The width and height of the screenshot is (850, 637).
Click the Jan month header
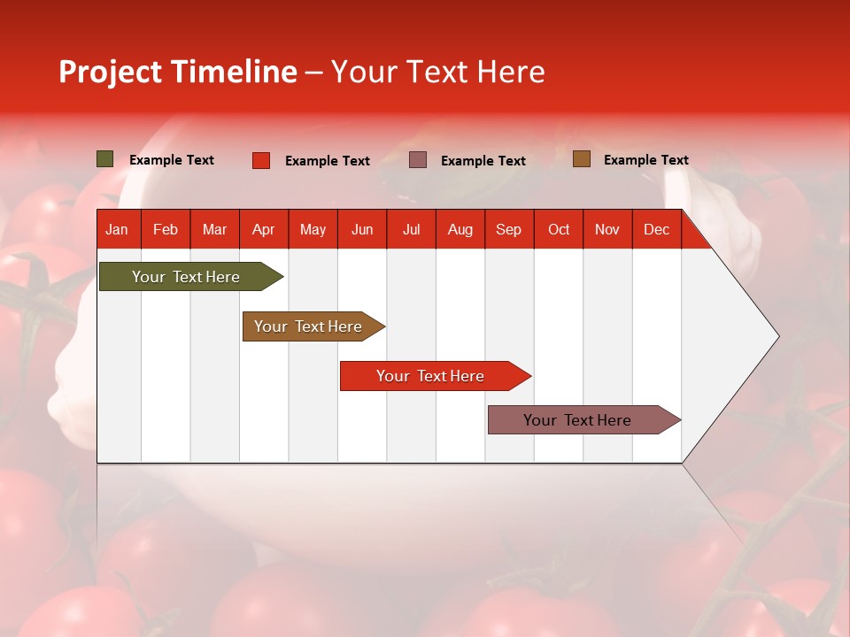(117, 229)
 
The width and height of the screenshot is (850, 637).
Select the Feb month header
(166, 229)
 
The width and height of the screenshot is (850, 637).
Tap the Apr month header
(263, 229)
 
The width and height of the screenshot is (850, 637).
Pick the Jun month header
(362, 229)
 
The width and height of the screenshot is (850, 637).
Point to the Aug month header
(460, 229)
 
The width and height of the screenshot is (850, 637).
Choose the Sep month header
(508, 229)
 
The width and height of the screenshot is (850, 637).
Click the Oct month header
(559, 229)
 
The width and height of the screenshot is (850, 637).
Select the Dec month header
(656, 229)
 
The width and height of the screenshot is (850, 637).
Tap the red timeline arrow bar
(431, 376)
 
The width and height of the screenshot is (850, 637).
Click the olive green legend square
(105, 159)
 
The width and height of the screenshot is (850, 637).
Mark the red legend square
(261, 160)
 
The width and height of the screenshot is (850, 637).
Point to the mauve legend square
(418, 160)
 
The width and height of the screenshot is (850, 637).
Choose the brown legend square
(582, 159)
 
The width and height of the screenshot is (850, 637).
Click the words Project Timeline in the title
(178, 72)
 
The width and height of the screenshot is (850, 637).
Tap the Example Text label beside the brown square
(645, 160)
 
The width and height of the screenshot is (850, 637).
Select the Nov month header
(607, 229)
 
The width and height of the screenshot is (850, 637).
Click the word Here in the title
(511, 72)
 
